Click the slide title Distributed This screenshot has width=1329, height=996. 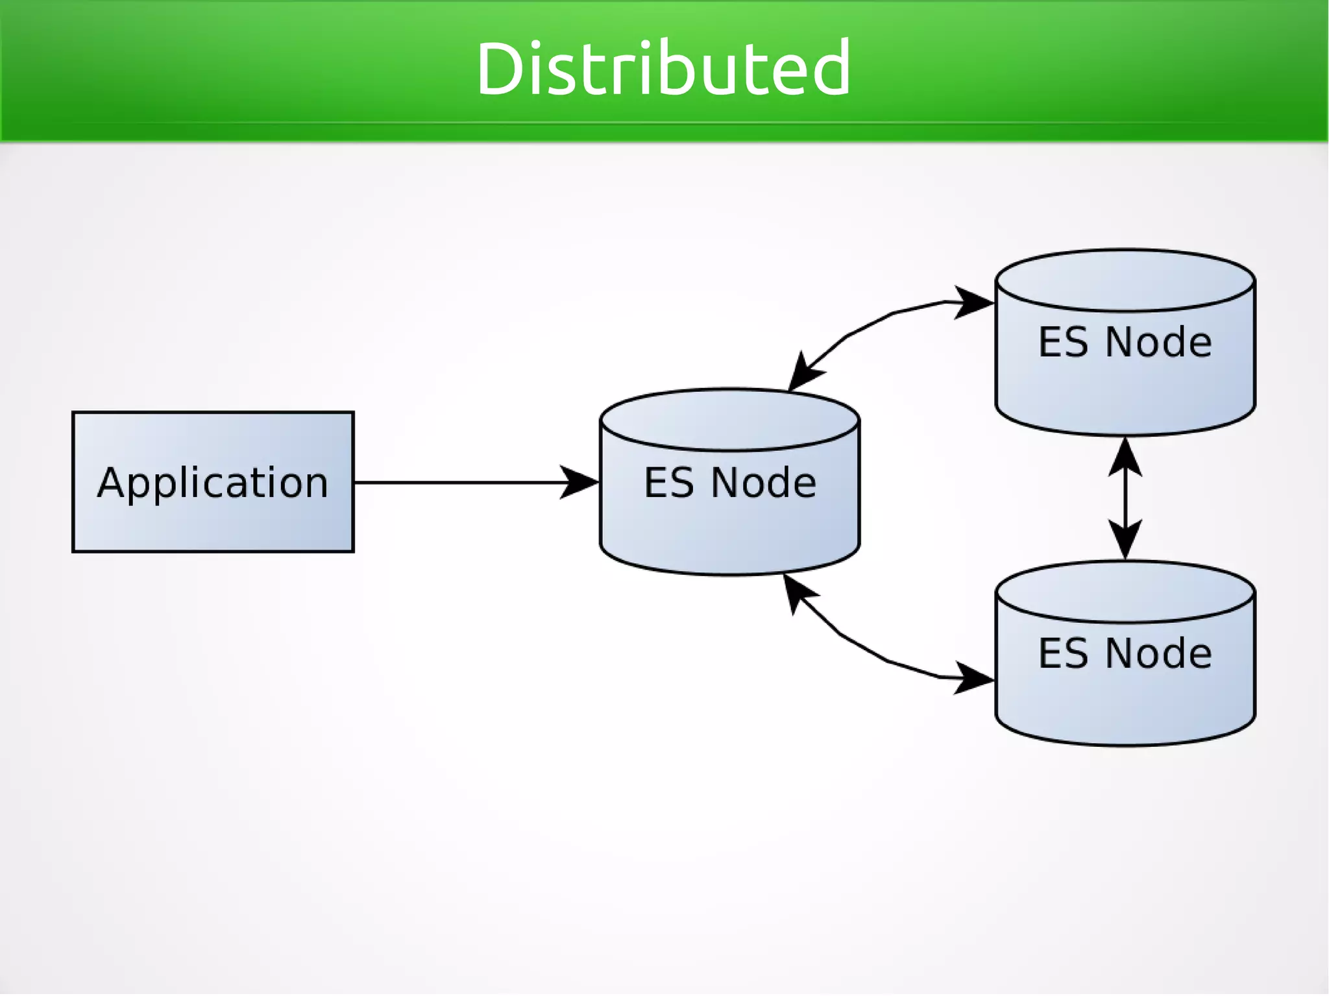point(663,68)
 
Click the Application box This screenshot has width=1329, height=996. point(213,519)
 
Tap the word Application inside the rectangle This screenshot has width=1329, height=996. point(213,483)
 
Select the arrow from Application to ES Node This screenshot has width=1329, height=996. point(454,483)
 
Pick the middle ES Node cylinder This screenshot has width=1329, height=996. point(730,519)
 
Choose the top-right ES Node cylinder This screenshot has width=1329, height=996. point(1125,383)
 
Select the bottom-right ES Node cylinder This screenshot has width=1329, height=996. point(1125,694)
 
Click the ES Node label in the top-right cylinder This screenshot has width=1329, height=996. point(1125,342)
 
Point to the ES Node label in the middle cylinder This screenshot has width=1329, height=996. point(730,483)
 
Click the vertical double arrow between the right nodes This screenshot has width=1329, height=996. point(1125,498)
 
